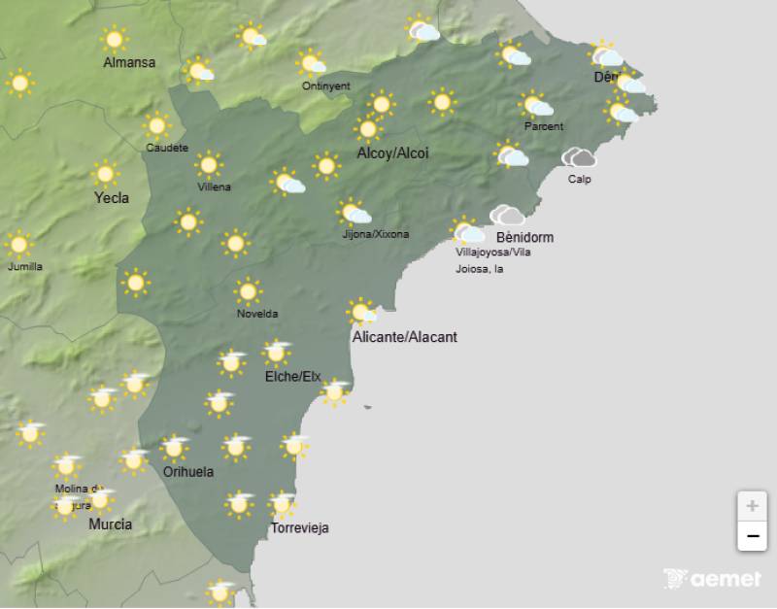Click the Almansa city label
(x=129, y=63)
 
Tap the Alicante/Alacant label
(x=405, y=337)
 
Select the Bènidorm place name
(x=524, y=237)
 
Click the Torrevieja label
(x=299, y=528)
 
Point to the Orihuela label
(x=188, y=472)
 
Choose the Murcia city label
(x=110, y=524)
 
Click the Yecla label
(x=111, y=198)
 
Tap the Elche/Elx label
(x=292, y=377)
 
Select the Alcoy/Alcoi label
(x=392, y=153)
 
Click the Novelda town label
(x=257, y=314)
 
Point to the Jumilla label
(x=25, y=266)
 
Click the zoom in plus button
(x=752, y=506)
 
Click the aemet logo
(x=712, y=579)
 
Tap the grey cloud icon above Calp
(x=580, y=157)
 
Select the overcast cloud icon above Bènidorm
(x=506, y=215)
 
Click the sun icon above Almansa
(x=115, y=39)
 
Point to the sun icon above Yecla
(x=105, y=174)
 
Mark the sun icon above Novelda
(x=248, y=290)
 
